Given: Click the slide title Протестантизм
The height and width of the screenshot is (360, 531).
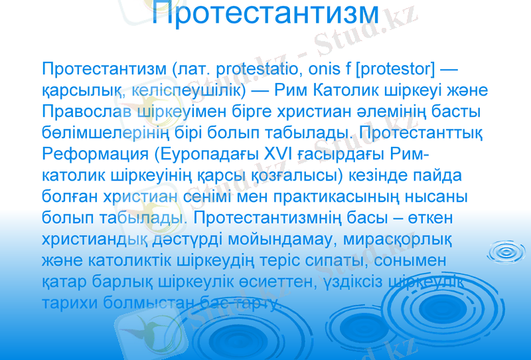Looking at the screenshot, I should click(265, 14).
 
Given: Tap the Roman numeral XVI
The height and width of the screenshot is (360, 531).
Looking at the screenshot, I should click(267, 154).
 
